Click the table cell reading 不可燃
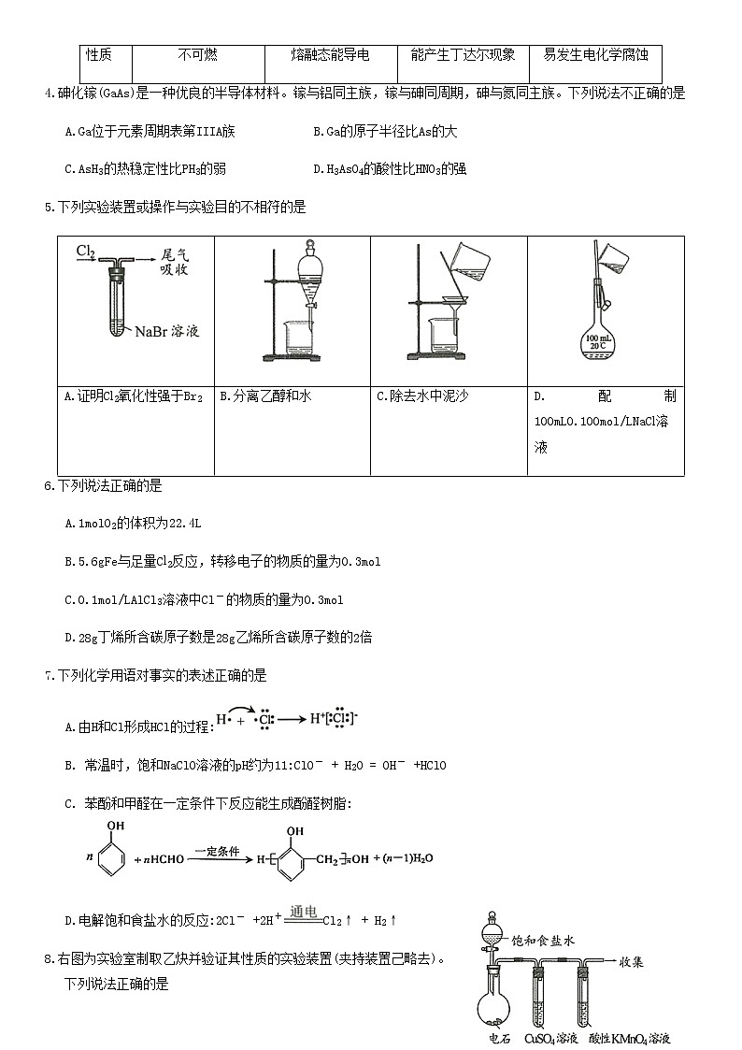pos(197,56)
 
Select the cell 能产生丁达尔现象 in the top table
pos(463,56)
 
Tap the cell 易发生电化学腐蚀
pos(595,56)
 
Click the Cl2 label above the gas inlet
pos(86,252)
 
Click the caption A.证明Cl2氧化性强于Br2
pos(134,396)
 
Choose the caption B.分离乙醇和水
pos(265,396)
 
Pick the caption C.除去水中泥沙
pos(422,396)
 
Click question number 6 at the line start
pos(50,486)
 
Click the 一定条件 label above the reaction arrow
pos(218,852)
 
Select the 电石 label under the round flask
pos(499,1039)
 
